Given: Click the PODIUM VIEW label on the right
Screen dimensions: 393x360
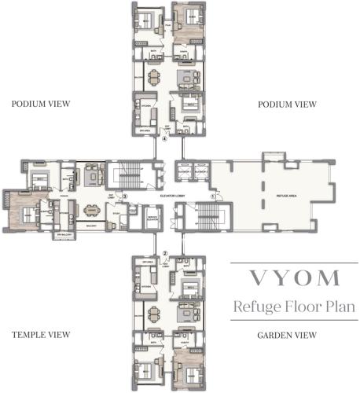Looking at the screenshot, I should point(288,103).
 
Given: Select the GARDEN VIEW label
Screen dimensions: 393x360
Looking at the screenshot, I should point(288,336).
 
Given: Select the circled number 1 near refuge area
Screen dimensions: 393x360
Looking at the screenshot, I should point(212,194).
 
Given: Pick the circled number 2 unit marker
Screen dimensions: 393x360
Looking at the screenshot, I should point(165,253).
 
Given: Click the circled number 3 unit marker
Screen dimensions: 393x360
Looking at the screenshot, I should point(123,196).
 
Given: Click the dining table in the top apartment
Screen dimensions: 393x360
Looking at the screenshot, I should point(152,79).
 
